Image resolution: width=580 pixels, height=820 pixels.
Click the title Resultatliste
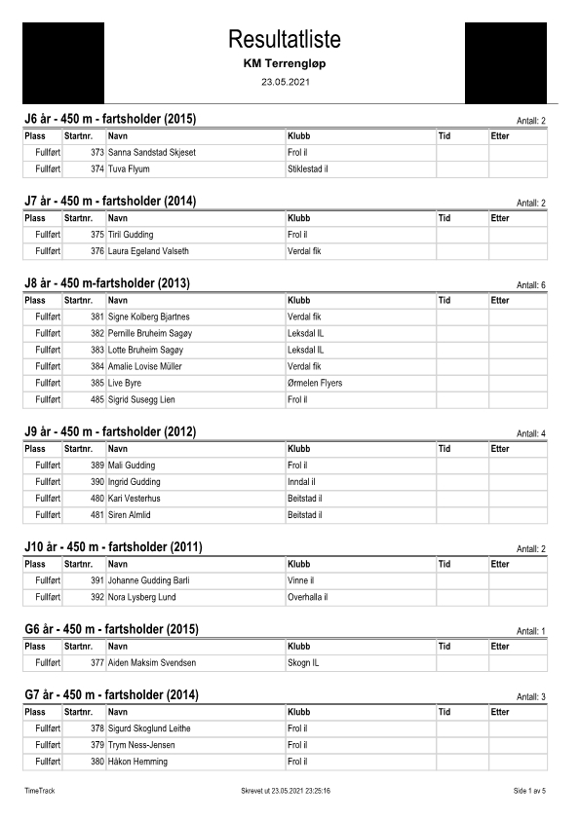(285, 39)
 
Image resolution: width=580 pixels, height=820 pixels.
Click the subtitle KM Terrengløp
(285, 62)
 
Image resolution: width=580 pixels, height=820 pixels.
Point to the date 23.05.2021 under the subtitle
(285, 81)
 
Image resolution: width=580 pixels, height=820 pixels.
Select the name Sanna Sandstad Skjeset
(152, 153)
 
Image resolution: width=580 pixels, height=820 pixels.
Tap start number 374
(97, 169)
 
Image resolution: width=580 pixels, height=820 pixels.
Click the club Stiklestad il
(307, 169)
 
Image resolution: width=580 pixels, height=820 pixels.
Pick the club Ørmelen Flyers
(315, 383)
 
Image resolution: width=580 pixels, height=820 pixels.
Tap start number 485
(97, 399)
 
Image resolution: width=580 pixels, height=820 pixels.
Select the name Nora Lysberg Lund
(142, 597)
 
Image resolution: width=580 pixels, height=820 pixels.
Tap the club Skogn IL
(303, 663)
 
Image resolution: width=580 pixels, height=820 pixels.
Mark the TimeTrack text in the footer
(40, 791)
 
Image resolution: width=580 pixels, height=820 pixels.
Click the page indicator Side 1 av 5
(530, 791)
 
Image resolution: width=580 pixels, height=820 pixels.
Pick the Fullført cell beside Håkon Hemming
(48, 762)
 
